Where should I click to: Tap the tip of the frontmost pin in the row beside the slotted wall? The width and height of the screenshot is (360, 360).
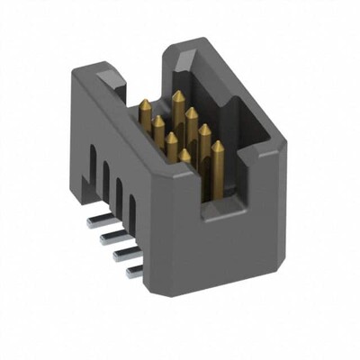coord(184,154)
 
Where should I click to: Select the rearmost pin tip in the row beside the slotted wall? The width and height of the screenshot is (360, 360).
coord(143,102)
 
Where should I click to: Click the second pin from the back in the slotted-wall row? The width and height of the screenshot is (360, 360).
coord(158,119)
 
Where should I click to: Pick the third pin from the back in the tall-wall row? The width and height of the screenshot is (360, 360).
coord(203,129)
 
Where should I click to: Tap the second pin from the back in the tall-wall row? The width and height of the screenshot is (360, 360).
coord(191,112)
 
